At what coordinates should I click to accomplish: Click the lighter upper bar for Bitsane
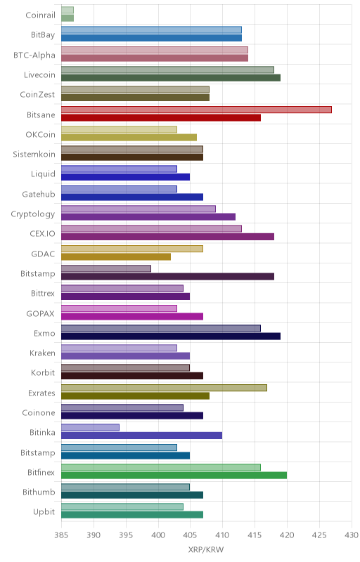tap(196, 110)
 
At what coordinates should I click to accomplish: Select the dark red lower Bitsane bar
tap(161, 117)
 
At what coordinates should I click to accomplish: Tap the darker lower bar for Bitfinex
tap(174, 476)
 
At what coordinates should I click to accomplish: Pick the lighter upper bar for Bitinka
tap(91, 428)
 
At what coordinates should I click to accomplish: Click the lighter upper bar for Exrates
tap(165, 388)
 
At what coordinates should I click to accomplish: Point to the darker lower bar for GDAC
tap(116, 256)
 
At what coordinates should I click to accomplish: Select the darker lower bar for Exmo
tap(171, 336)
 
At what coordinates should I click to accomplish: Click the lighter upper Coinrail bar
tap(67, 10)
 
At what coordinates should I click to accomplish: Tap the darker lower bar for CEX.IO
tap(167, 237)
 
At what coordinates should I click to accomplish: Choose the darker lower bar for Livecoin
tap(171, 78)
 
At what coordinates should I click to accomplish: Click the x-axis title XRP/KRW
tap(206, 550)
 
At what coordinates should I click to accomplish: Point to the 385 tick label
tap(61, 535)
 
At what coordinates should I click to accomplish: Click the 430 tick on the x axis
tap(352, 535)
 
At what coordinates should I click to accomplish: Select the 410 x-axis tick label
tap(222, 535)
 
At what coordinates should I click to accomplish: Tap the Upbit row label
tap(44, 512)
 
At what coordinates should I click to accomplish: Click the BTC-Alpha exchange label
tap(34, 55)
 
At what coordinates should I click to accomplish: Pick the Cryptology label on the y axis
tap(33, 214)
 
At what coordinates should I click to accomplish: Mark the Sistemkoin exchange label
tap(34, 155)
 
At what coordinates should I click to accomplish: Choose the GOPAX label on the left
tap(41, 313)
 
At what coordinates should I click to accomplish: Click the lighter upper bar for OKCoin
tap(119, 129)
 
